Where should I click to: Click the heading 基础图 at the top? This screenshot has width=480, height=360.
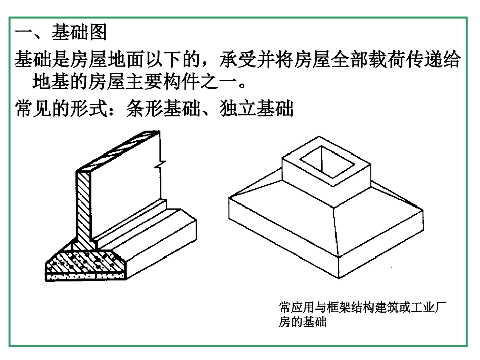[79, 34]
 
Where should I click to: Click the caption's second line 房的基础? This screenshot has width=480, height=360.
[303, 322]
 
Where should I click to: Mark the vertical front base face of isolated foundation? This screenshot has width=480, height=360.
[283, 237]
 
